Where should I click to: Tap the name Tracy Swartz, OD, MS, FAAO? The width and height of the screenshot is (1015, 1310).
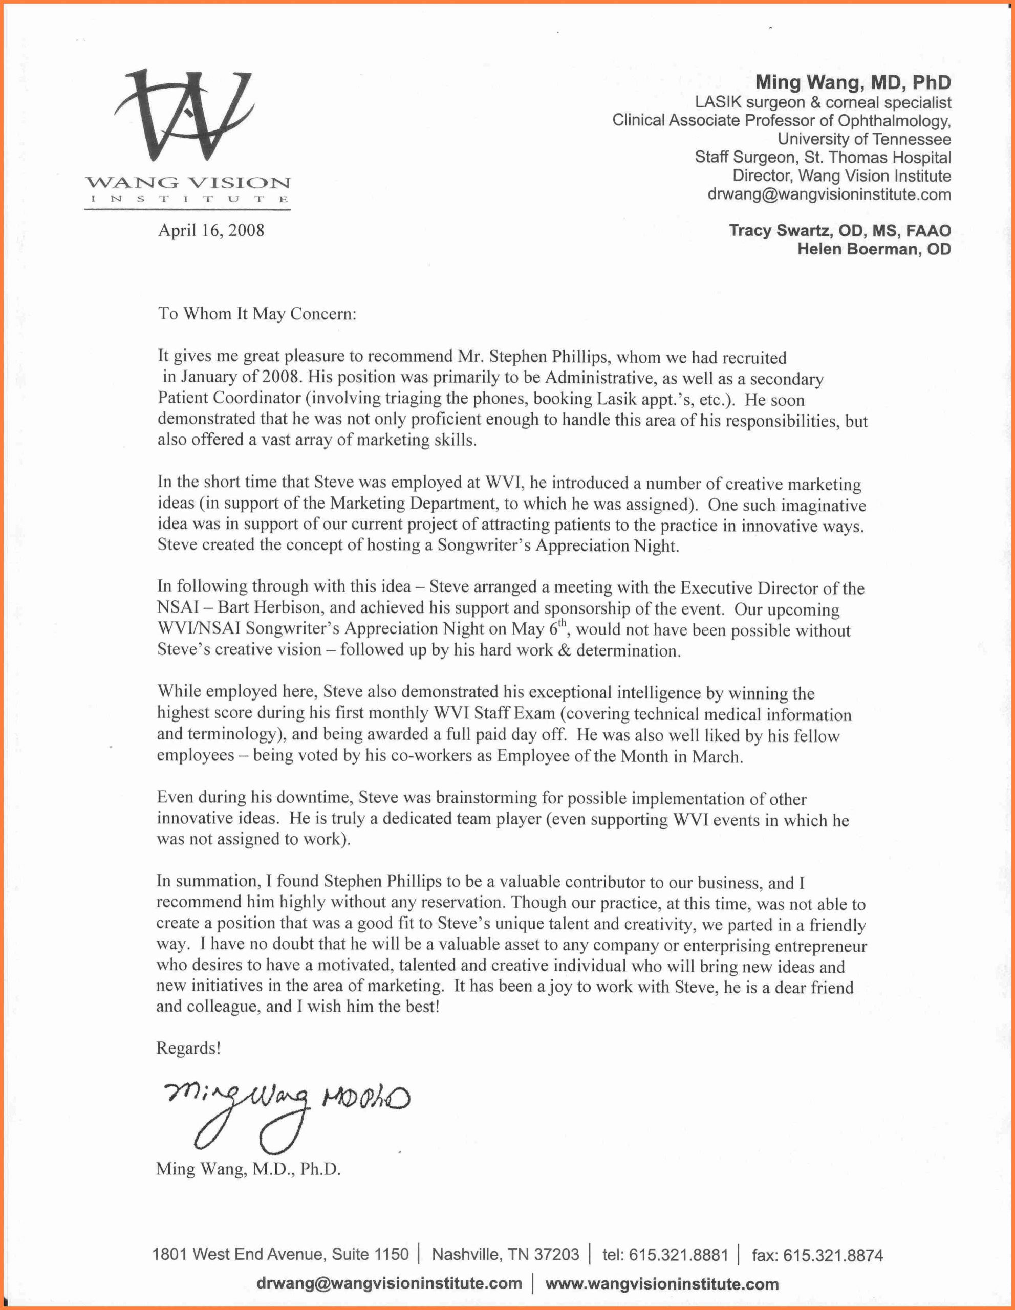point(839,231)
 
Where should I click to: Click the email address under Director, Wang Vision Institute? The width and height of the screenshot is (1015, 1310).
point(829,194)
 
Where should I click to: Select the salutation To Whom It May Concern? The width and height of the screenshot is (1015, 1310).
point(257,314)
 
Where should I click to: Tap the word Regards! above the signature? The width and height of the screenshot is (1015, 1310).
point(188,1049)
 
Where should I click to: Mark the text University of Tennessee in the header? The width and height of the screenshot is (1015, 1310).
point(864,139)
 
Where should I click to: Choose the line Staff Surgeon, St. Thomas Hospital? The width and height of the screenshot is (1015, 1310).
point(823,158)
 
